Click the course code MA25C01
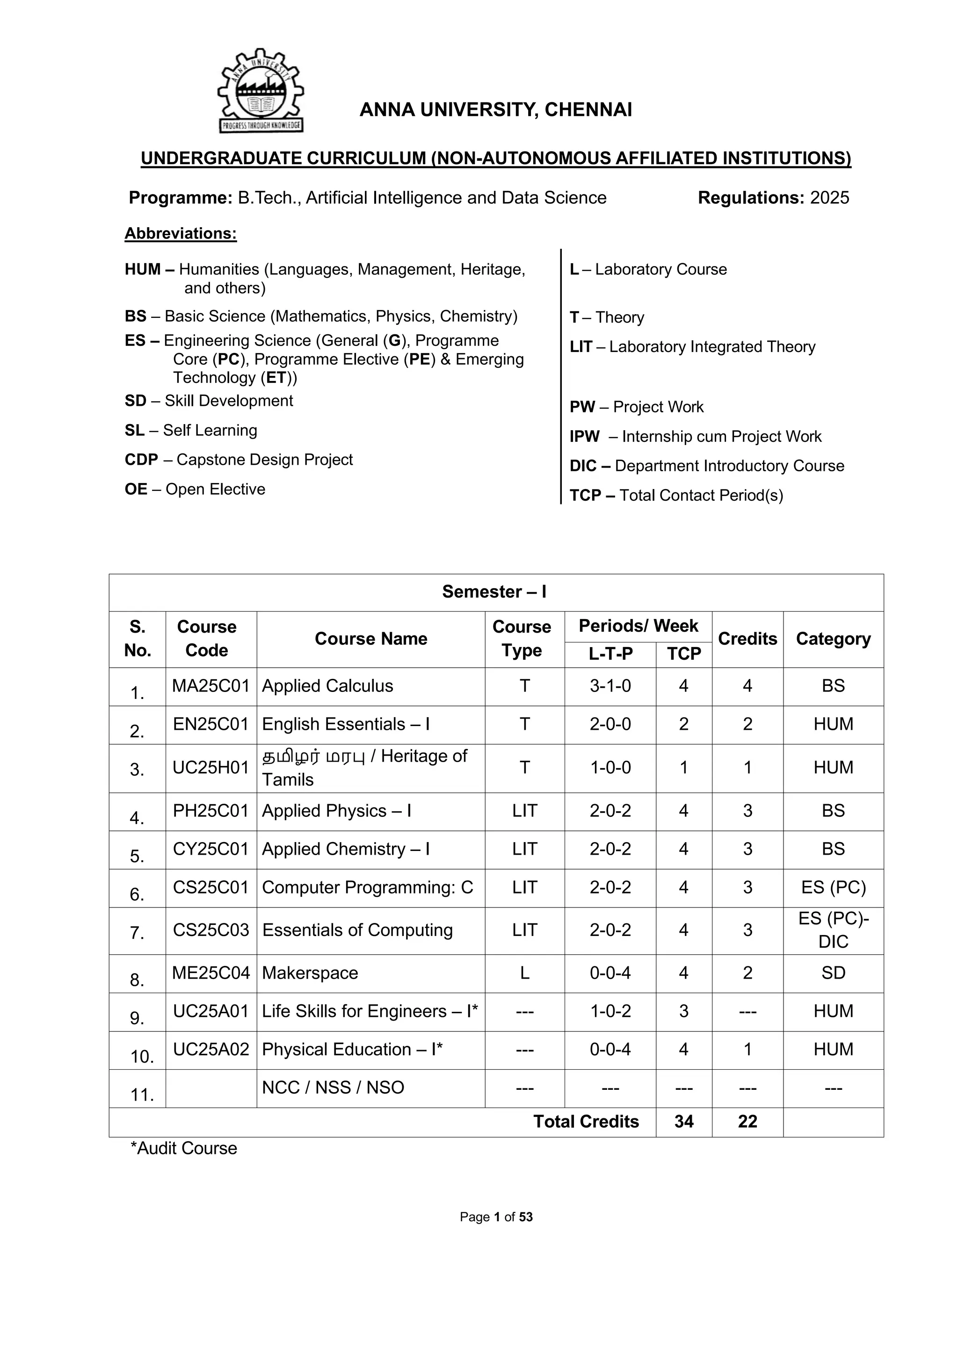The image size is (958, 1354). [x=210, y=686]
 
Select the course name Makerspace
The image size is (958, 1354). [x=310, y=972]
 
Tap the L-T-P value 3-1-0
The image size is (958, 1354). [x=610, y=686]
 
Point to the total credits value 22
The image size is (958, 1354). [x=747, y=1121]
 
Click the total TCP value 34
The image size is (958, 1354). [x=684, y=1121]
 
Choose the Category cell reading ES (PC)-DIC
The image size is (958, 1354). [x=833, y=930]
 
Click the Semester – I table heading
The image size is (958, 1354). [x=494, y=591]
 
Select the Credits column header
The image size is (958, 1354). [x=747, y=639]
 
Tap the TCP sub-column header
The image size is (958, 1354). [x=684, y=654]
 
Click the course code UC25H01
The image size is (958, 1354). [x=210, y=767]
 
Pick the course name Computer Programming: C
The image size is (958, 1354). [x=368, y=887]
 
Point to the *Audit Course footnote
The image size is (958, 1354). [x=183, y=1148]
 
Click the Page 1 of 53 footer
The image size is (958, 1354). [x=496, y=1217]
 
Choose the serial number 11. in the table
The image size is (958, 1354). [x=142, y=1095]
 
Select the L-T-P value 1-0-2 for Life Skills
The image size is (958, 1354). [x=610, y=1011]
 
